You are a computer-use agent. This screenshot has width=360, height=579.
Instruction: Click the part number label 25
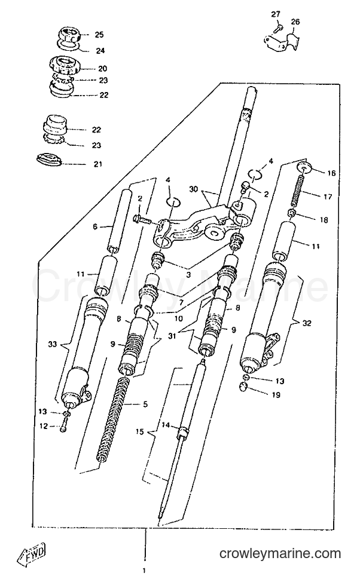click(99, 35)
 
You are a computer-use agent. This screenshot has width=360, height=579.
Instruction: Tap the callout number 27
click(275, 14)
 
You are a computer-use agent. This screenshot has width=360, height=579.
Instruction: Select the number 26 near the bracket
click(295, 22)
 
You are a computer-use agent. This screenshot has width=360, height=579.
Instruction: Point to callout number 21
click(97, 164)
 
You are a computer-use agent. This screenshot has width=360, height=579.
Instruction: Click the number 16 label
click(331, 173)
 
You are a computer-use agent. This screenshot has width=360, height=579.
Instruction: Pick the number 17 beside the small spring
click(328, 197)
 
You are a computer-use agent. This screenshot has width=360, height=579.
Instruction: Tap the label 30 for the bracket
click(193, 189)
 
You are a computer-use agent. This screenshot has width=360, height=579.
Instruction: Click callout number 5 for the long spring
click(145, 405)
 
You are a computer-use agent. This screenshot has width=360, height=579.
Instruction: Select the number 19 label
click(276, 395)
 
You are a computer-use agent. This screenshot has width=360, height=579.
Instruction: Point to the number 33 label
click(52, 344)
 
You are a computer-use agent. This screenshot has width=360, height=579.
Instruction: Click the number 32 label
click(307, 323)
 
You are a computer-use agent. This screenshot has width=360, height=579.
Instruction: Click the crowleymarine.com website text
click(280, 553)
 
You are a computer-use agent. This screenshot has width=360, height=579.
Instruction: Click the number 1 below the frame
click(144, 571)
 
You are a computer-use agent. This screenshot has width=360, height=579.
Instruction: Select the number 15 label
click(139, 431)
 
